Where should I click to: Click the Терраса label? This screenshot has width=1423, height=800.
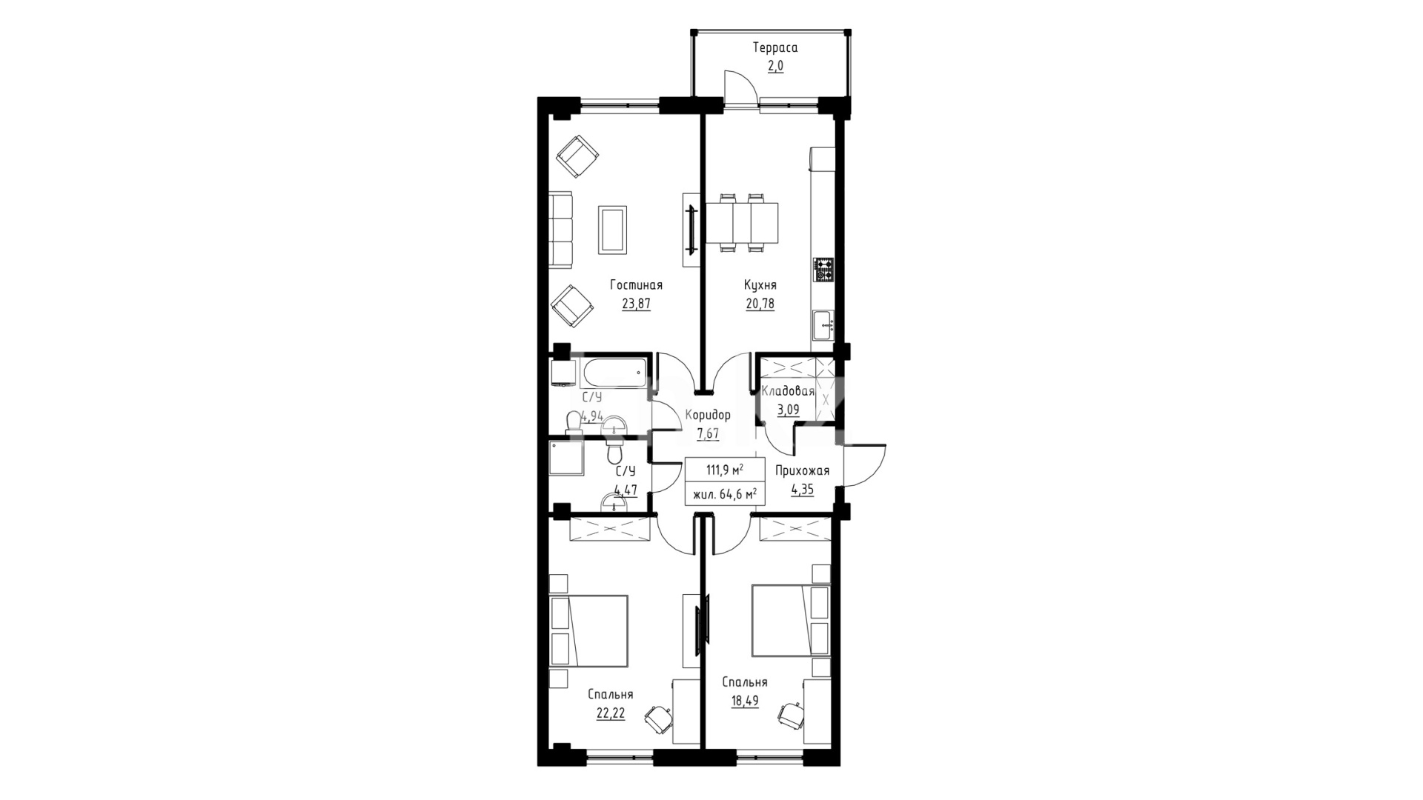click(x=774, y=48)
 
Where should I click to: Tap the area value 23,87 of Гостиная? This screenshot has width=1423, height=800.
click(x=636, y=303)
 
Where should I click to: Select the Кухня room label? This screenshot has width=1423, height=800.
click(x=760, y=284)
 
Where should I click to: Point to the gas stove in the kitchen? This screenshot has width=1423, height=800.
click(x=824, y=270)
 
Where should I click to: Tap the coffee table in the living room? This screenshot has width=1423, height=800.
click(x=612, y=230)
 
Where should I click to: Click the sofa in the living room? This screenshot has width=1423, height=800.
click(x=562, y=230)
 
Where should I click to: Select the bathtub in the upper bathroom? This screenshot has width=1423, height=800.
click(x=612, y=373)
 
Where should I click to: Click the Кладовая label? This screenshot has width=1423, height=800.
click(x=788, y=392)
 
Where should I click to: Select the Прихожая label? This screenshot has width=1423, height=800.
click(x=803, y=471)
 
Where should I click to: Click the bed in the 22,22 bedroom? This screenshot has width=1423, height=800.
click(x=589, y=630)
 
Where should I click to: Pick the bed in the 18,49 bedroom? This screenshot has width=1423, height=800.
click(x=791, y=620)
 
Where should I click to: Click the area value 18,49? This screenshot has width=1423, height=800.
click(x=746, y=701)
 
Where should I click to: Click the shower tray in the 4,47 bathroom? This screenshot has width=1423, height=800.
click(x=565, y=459)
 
